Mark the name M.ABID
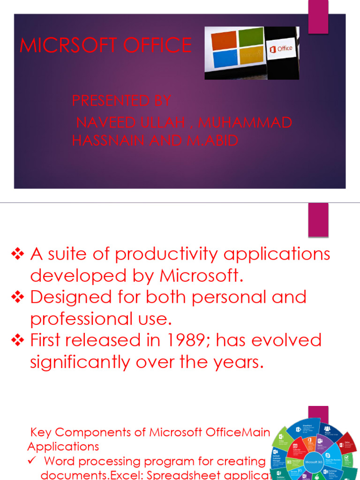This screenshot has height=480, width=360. click(x=213, y=141)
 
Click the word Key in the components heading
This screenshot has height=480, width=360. click(x=40, y=432)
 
